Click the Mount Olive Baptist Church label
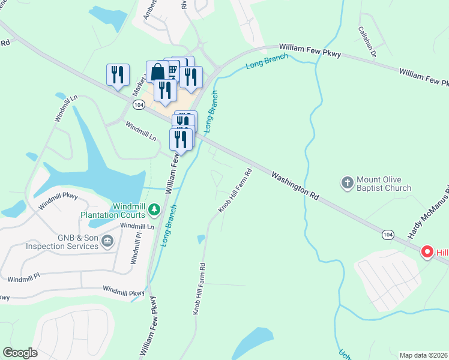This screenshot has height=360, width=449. point(384,184)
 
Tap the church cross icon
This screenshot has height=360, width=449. point(347,183)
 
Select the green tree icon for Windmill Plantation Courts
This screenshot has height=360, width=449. point(155,209)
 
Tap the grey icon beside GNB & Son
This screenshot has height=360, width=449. point(107,242)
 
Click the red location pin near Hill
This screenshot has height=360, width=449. point(427,252)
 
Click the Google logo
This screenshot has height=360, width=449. point(20,353)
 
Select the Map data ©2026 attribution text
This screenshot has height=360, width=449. point(423,355)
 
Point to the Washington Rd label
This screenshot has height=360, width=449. point(294,187)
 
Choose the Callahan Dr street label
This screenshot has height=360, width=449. point(367,42)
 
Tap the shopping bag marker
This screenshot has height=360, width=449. point(157,72)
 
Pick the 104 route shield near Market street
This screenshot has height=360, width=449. point(139,105)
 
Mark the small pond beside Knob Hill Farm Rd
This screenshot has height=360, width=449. point(201,239)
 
